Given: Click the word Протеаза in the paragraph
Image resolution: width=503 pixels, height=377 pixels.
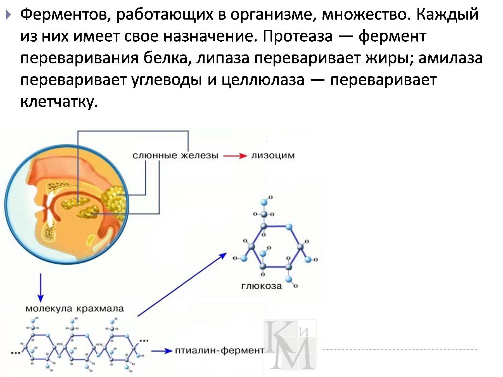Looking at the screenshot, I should tap(298, 36).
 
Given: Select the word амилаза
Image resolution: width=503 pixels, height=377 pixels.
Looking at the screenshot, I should tap(450, 58).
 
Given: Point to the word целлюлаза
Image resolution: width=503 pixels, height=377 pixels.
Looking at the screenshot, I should tap(263, 80).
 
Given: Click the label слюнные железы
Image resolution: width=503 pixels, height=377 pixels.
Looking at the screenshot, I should tap(175, 156).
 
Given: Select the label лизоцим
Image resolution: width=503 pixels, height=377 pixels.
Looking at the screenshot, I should tap(273, 156).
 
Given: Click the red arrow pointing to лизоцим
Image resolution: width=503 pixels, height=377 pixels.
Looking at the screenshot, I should tap(235, 156).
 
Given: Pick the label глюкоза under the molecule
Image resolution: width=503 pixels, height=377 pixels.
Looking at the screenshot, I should tap(262, 286).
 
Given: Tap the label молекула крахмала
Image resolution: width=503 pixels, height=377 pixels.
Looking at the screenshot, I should tap(75, 309).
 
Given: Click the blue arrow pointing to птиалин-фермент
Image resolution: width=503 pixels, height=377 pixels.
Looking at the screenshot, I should tap(162, 351).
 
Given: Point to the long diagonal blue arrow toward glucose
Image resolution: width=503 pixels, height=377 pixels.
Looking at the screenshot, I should tap(182, 285).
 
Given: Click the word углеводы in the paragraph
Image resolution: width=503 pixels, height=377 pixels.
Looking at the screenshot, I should tap(167, 80).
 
